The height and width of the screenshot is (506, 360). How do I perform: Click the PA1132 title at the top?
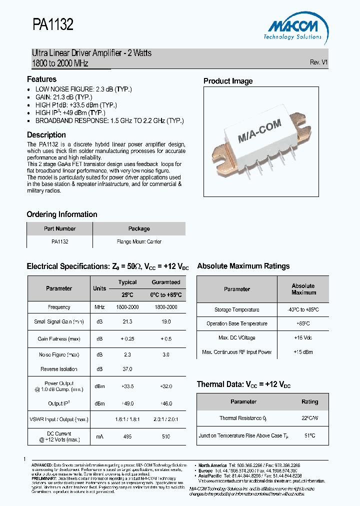click(53, 25)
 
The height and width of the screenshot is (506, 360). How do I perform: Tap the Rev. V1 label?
click(318, 62)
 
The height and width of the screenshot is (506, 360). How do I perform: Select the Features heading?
click(41, 79)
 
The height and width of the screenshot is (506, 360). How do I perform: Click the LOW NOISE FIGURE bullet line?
click(83, 89)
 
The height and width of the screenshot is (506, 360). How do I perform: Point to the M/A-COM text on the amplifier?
click(259, 131)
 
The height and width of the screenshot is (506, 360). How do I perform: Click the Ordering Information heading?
click(62, 214)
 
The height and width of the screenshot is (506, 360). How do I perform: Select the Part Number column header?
click(59, 228)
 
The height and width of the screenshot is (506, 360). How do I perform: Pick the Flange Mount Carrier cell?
click(139, 241)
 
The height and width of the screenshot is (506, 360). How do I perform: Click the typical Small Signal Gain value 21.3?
click(127, 322)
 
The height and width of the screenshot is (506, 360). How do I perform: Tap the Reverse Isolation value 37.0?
click(127, 369)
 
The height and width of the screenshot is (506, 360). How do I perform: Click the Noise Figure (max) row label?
click(59, 354)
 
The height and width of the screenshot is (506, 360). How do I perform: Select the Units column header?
click(99, 288)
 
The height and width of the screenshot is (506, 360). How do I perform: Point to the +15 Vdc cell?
click(303, 338)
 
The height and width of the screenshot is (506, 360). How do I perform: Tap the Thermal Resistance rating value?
click(309, 418)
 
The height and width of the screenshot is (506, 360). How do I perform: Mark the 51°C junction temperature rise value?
click(309, 435)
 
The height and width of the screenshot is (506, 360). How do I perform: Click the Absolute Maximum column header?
click(303, 289)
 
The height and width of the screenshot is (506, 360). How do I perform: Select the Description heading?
click(46, 135)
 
